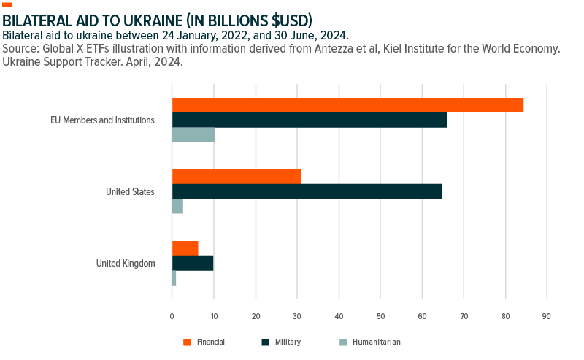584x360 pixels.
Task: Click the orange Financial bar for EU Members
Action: pos(347,105)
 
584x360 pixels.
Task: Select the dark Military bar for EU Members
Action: pos(310,120)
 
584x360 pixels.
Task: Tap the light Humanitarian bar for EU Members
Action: pos(193,134)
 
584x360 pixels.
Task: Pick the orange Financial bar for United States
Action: pos(237,177)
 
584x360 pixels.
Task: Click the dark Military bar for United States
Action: pos(307,191)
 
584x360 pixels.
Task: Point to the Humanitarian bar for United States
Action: pos(177,206)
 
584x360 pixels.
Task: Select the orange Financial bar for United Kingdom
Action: pos(185,248)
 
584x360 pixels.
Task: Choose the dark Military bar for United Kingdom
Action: pos(193,263)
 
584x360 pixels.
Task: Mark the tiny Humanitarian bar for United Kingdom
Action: pos(174,277)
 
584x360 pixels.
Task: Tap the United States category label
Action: pos(130,191)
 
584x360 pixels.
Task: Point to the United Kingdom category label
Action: pos(126,263)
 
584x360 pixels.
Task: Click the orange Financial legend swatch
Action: pos(187,342)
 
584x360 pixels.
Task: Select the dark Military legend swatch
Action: pos(266,342)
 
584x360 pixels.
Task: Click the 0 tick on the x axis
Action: pos(172,316)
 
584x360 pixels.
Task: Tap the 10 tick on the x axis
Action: pos(214,316)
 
